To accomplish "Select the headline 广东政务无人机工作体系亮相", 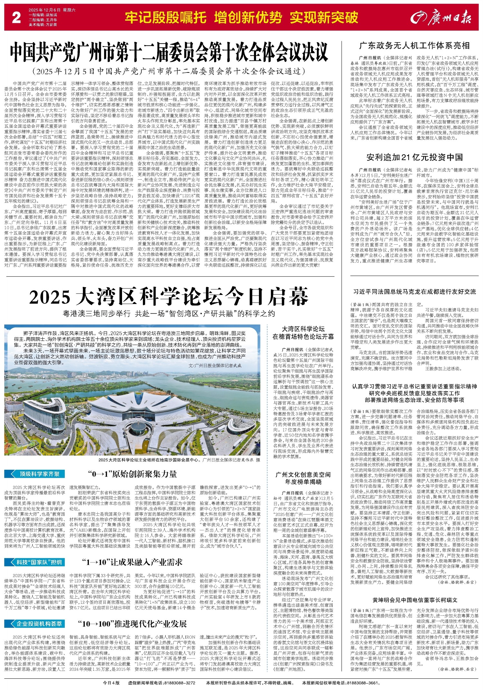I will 414,45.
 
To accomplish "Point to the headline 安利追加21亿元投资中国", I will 414,157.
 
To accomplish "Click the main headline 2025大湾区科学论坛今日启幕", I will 169,297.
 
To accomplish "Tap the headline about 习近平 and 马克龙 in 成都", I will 414,292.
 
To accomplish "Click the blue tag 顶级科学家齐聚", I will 35,474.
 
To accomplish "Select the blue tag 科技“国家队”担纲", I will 35,562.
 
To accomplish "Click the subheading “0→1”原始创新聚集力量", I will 132,474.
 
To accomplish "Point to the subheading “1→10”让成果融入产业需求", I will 132,562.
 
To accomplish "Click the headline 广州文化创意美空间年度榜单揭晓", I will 303,478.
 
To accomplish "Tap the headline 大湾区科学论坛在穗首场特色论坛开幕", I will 303,333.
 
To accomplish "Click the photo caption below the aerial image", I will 179,460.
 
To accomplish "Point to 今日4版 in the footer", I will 111,683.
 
